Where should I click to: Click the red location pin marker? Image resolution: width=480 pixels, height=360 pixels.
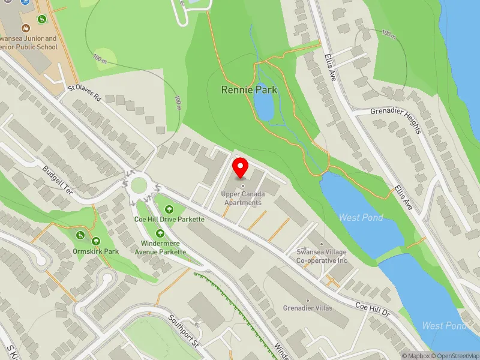[x=241, y=167]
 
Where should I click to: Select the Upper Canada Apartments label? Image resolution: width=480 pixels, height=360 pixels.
[x=243, y=199]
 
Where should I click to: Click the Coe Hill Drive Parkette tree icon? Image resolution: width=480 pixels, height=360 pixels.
[x=170, y=209]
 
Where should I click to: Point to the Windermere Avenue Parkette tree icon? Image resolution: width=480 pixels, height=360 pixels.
[x=160, y=233]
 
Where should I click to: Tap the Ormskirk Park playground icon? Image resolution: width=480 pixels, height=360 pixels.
[x=81, y=235]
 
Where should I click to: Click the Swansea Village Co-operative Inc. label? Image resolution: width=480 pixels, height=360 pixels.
[x=322, y=256]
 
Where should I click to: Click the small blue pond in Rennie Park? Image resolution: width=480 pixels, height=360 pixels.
[x=263, y=106]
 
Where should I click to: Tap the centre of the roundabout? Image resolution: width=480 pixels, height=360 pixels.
[x=139, y=184]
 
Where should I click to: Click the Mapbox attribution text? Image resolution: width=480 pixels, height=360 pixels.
[x=416, y=355]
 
